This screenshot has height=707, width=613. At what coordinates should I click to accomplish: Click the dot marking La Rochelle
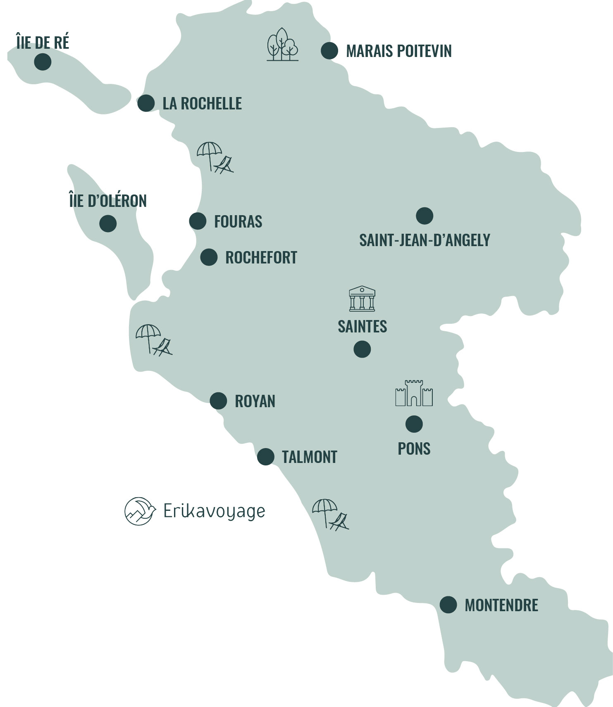tap(146, 103)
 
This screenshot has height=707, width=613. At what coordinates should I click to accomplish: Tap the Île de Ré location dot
tap(43, 62)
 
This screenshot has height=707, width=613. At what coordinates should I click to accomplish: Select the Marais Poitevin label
tap(398, 51)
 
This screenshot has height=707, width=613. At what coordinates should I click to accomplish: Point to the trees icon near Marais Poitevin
tap(282, 45)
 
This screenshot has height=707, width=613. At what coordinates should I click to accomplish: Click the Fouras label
tap(238, 222)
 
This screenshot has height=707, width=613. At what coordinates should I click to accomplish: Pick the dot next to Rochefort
tap(209, 257)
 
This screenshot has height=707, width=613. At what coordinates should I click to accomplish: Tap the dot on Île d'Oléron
tap(108, 223)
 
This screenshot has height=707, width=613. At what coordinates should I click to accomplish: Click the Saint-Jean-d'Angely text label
tap(425, 240)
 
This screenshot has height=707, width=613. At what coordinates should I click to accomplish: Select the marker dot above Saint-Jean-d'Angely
tap(425, 216)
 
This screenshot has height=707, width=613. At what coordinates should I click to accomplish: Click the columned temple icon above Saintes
tap(362, 298)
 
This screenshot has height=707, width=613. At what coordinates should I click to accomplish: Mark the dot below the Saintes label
tap(362, 349)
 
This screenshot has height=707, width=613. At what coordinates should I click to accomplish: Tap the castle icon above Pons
tap(414, 393)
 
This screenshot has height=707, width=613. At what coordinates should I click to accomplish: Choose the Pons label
tap(414, 448)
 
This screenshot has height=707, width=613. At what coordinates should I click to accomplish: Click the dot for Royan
tap(218, 401)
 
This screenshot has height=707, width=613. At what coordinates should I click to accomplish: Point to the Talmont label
tap(309, 457)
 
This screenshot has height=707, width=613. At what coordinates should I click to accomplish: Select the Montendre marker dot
tap(448, 605)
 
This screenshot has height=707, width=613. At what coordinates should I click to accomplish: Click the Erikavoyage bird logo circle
tap(140, 511)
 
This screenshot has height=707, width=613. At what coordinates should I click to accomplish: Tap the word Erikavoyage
tap(214, 511)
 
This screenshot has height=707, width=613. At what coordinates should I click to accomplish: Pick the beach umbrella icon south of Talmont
tap(330, 514)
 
